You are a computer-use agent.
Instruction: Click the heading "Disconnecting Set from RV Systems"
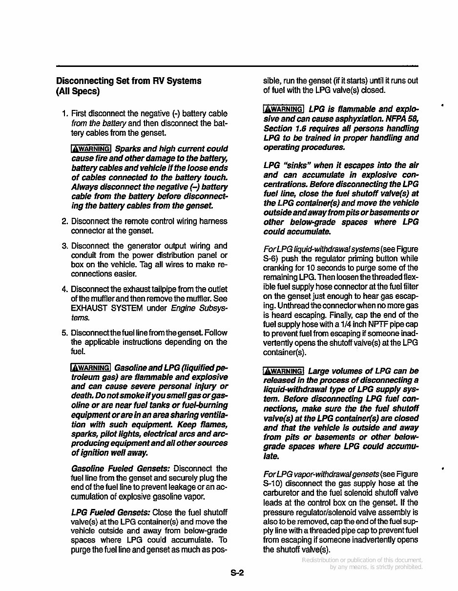(128, 81)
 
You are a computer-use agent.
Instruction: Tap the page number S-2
(237, 573)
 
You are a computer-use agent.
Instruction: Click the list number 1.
(64, 114)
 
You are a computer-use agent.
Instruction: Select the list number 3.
(64, 246)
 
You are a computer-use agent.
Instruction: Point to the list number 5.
(64, 333)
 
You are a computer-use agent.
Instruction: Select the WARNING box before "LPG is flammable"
(283, 109)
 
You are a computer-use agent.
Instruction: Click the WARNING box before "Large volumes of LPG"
(283, 371)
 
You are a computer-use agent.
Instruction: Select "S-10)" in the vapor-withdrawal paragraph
(273, 484)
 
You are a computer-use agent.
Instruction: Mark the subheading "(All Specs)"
(78, 91)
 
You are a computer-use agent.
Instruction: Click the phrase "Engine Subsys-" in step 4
(199, 308)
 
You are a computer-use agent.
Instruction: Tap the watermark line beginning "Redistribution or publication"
(362, 560)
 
